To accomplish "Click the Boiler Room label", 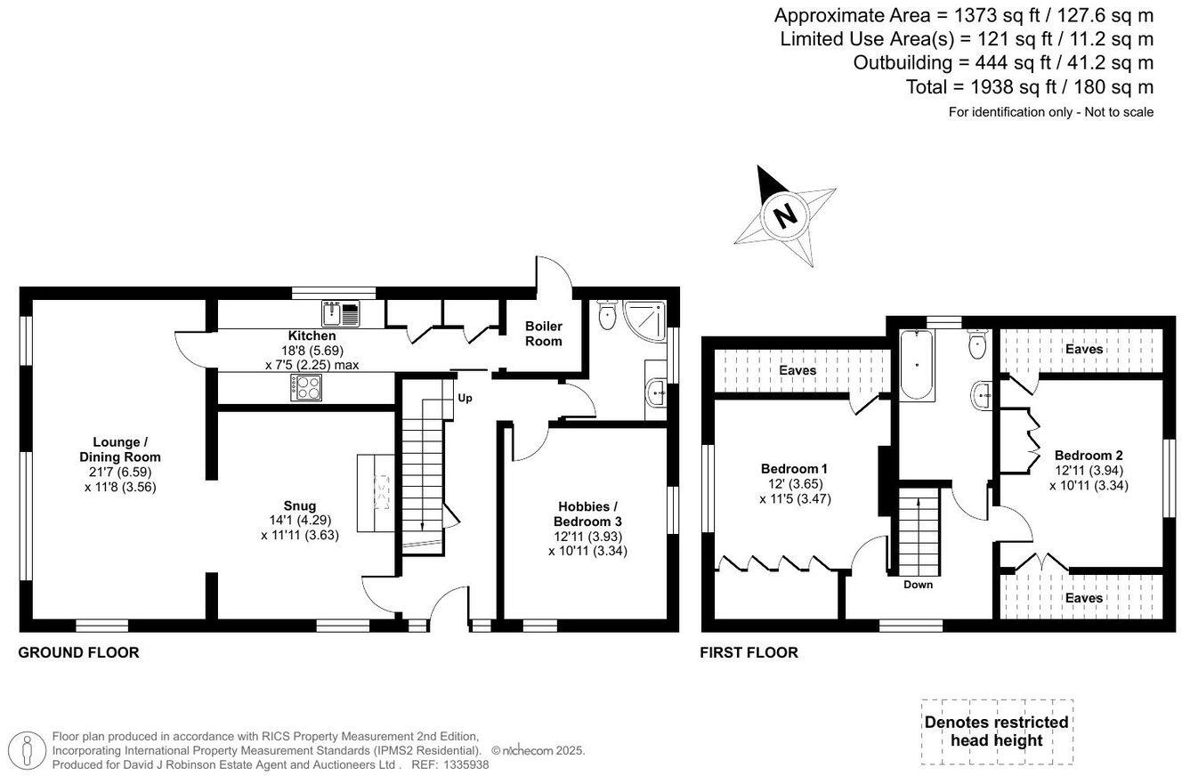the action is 543,334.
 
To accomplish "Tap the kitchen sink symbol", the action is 341,313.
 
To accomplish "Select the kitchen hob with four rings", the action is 307,386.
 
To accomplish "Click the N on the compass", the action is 784,215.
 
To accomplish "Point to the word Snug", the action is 300,506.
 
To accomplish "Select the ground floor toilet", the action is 610,315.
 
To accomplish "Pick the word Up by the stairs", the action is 465,398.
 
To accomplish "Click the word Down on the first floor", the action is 918,585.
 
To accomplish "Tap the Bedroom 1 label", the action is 794,469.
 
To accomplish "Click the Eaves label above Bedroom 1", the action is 797,370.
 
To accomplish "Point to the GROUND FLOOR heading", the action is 78,652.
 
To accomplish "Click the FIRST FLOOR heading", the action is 749,652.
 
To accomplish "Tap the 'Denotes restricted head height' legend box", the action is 996,732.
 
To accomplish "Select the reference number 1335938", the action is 463,764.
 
